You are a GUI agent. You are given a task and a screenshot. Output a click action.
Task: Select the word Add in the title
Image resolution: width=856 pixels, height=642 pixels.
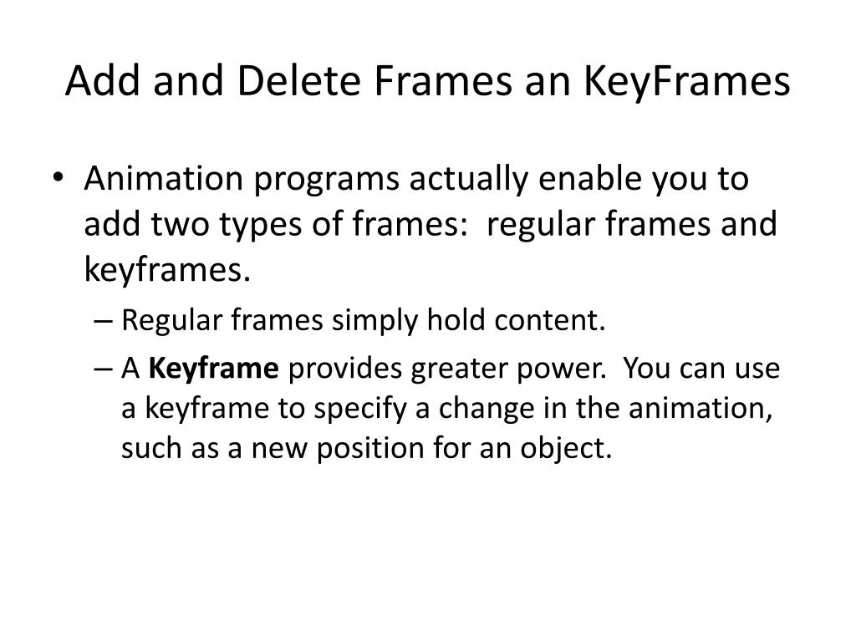pyautogui.click(x=94, y=82)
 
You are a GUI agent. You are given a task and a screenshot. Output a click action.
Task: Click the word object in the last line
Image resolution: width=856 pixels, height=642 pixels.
pyautogui.click(x=573, y=449)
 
